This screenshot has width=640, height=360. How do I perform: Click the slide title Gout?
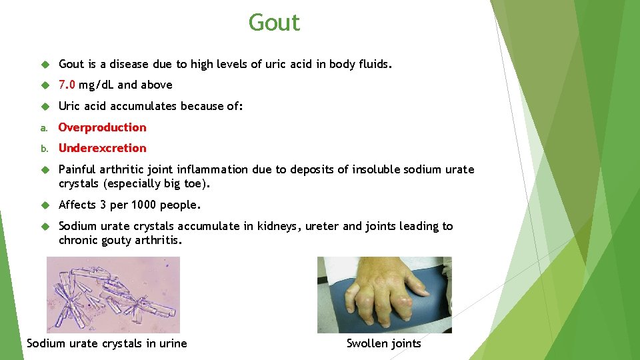click(x=274, y=23)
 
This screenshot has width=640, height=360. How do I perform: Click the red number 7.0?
click(x=67, y=85)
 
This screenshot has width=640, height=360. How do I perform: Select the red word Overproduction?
click(x=102, y=127)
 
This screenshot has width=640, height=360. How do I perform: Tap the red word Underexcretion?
click(x=102, y=148)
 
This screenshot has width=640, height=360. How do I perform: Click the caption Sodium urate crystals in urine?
click(x=107, y=343)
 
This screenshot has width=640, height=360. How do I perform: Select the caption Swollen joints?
click(x=383, y=343)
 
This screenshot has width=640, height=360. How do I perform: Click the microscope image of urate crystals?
click(x=113, y=295)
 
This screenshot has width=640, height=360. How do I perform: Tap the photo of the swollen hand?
click(x=384, y=295)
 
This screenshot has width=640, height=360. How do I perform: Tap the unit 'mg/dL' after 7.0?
click(x=96, y=85)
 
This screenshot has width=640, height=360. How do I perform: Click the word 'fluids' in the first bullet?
click(x=375, y=64)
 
